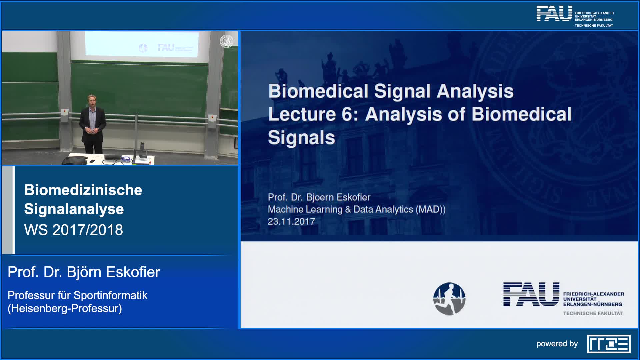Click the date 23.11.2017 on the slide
pyautogui.click(x=291, y=222)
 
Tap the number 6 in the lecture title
pyautogui.click(x=347, y=114)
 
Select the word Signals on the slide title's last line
pyautogui.click(x=301, y=138)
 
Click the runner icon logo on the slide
pyautogui.click(x=449, y=299)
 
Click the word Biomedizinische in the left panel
pyautogui.click(x=83, y=190)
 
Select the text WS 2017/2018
pyautogui.click(x=74, y=230)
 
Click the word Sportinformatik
pyautogui.click(x=110, y=295)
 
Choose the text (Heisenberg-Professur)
pyautogui.click(x=65, y=309)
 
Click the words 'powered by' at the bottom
pyautogui.click(x=557, y=344)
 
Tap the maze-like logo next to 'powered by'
pyautogui.click(x=609, y=344)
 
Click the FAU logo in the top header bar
pyautogui.click(x=575, y=16)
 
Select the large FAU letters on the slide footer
pyautogui.click(x=531, y=294)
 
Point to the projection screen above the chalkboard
pyautogui.click(x=142, y=44)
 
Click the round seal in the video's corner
pyautogui.click(x=227, y=41)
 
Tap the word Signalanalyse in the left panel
pyautogui.click(x=74, y=209)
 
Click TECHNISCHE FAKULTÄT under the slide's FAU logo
pyautogui.click(x=593, y=313)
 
